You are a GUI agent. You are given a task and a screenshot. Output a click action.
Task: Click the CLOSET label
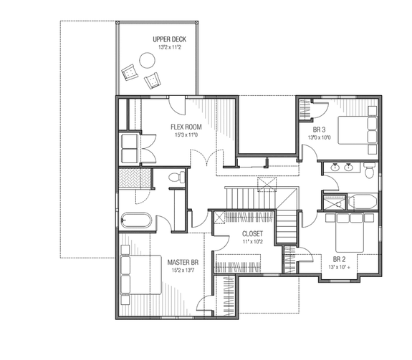(252, 234)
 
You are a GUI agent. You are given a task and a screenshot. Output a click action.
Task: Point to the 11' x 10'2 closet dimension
(252, 242)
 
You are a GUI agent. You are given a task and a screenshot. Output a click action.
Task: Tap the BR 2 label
(340, 259)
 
